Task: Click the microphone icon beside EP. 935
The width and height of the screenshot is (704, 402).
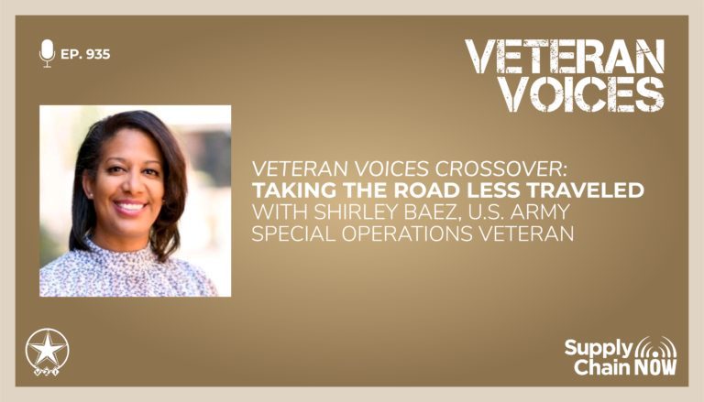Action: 47,53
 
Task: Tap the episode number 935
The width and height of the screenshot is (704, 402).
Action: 97,54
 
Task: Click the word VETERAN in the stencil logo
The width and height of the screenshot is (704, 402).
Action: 565,57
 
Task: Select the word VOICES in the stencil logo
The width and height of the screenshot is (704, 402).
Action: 582,94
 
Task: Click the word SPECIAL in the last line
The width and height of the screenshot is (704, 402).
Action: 293,234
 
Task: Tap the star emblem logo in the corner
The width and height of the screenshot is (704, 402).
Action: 47,352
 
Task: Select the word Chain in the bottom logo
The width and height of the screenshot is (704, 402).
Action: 595,366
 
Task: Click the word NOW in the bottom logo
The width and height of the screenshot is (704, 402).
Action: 648,366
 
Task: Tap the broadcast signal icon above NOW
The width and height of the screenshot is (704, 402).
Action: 654,346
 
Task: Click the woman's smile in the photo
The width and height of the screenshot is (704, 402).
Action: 130,208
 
